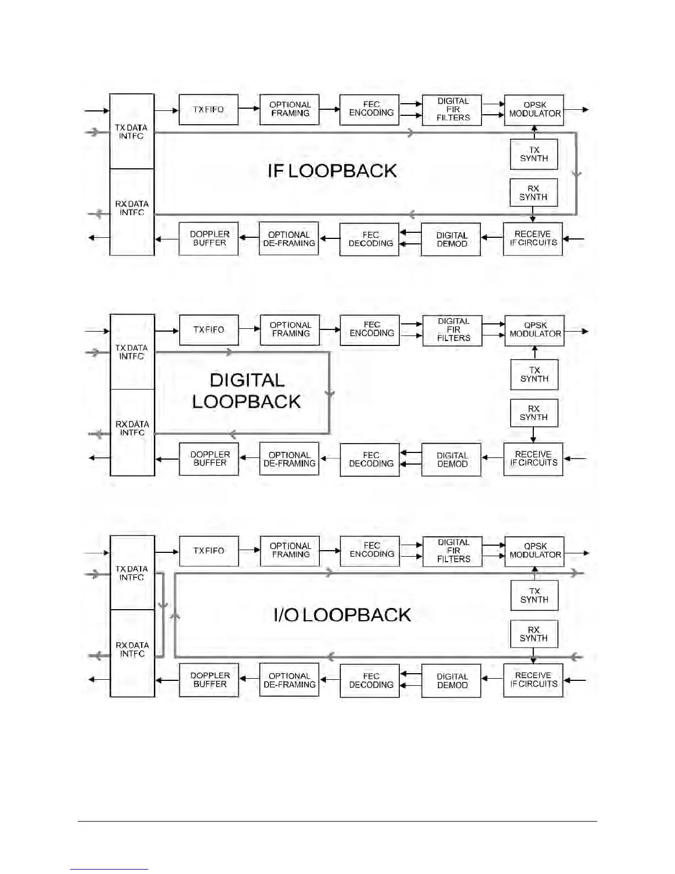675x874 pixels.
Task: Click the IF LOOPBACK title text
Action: click(332, 171)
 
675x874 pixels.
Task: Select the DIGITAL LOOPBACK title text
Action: click(247, 391)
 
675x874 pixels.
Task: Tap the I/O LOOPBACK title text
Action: click(342, 615)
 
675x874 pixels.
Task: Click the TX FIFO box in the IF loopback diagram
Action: click(208, 110)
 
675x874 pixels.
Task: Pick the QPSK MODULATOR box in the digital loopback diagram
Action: click(534, 330)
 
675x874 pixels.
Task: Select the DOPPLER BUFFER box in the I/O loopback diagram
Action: click(209, 680)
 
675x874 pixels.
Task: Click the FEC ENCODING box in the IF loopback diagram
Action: click(369, 110)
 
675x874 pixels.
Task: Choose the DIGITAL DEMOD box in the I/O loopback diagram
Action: click(451, 681)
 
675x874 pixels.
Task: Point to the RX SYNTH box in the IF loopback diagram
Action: click(533, 193)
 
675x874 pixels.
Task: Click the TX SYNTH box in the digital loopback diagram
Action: click(534, 375)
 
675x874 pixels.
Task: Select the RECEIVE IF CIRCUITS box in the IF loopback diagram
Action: click(533, 238)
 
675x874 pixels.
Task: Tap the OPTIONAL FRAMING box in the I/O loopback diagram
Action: click(290, 551)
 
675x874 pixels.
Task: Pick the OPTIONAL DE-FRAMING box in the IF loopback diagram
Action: click(289, 239)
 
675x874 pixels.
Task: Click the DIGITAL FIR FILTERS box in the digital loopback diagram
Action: click(452, 330)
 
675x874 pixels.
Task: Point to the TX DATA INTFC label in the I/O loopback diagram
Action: click(132, 573)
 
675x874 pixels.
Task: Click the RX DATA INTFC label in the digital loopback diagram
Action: click(132, 428)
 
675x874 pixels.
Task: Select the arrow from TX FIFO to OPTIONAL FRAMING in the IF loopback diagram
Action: click(249, 109)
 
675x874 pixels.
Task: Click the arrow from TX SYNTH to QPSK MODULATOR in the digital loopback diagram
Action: click(534, 353)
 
